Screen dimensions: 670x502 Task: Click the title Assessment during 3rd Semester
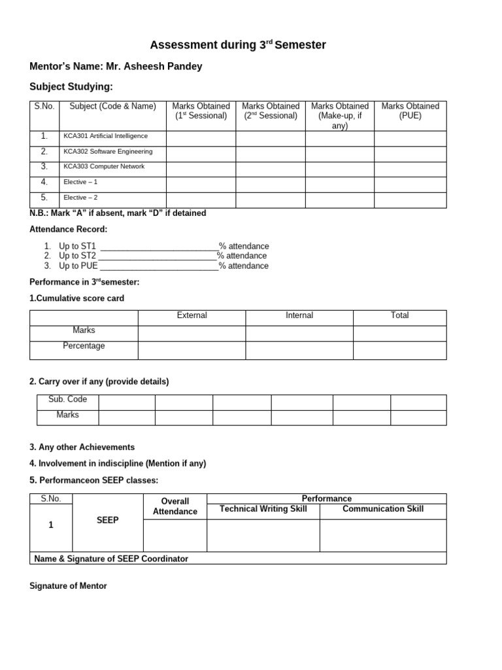(x=238, y=45)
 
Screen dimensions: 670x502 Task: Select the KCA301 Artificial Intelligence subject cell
(x=105, y=136)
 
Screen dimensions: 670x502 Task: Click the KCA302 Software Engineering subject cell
(x=108, y=152)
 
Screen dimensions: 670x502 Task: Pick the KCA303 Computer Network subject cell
(x=104, y=167)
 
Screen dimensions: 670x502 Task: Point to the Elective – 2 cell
(x=80, y=198)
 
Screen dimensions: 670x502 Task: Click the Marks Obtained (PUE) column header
(x=410, y=111)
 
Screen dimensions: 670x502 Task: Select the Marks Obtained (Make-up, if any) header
(x=339, y=116)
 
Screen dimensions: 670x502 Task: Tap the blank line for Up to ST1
(x=158, y=247)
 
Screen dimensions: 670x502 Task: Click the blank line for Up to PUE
(x=159, y=266)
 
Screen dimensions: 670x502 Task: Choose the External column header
(x=192, y=315)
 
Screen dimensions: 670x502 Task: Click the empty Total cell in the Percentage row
(x=399, y=350)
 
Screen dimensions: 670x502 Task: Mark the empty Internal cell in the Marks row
(x=299, y=333)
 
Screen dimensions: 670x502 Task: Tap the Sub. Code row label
(x=67, y=400)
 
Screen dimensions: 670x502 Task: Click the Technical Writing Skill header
(x=263, y=509)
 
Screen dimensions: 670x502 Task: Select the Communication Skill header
(x=382, y=509)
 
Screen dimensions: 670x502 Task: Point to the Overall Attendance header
(x=175, y=506)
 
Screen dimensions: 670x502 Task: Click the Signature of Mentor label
(x=68, y=586)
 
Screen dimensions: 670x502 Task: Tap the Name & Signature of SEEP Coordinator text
(x=110, y=559)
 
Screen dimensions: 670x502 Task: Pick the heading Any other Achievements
(x=82, y=448)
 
